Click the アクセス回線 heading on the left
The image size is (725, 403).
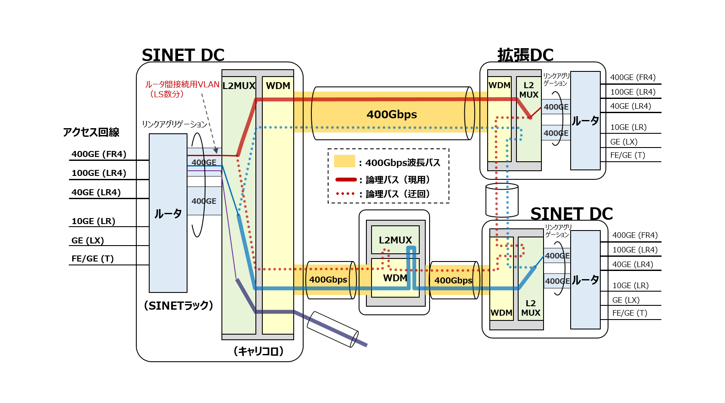click(x=91, y=132)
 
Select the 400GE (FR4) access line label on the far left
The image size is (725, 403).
click(x=99, y=154)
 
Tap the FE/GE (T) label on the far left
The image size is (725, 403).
click(x=92, y=258)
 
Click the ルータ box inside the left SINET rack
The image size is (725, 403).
click(x=168, y=213)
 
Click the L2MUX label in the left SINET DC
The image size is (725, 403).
click(x=239, y=86)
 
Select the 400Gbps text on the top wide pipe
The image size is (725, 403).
click(x=391, y=114)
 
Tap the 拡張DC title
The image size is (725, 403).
click(x=525, y=55)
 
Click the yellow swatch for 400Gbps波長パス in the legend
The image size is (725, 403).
click(x=344, y=161)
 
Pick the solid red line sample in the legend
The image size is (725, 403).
click(x=346, y=179)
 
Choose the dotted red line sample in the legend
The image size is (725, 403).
click(x=346, y=194)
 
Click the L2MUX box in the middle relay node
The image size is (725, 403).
click(x=395, y=240)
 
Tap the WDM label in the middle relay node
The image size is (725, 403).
click(x=395, y=278)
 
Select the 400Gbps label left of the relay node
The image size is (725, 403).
click(x=328, y=280)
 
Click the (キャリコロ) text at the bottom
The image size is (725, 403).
click(x=258, y=351)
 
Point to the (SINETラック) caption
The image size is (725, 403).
click(x=178, y=305)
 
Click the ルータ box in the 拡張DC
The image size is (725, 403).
click(x=585, y=121)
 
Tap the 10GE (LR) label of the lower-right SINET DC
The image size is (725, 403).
click(x=630, y=285)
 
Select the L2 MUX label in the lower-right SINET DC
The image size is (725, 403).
click(x=531, y=308)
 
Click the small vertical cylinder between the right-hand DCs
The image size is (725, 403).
click(x=502, y=200)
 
